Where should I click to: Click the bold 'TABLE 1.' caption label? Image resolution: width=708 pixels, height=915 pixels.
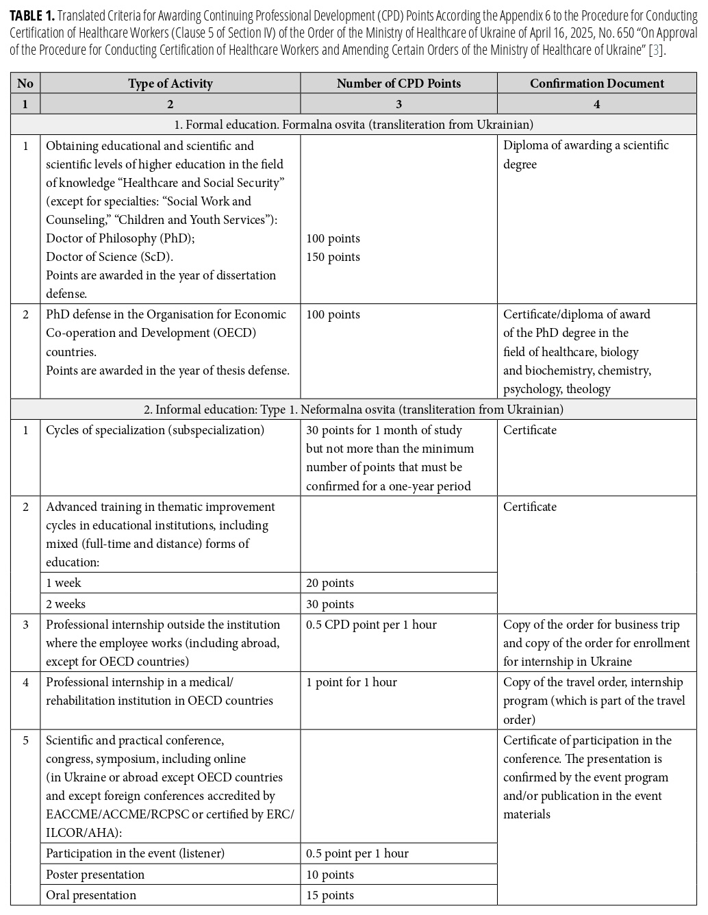coord(32,16)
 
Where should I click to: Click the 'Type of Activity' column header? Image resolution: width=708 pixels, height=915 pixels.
coord(170,84)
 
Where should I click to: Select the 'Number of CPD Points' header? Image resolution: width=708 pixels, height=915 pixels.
coord(399,84)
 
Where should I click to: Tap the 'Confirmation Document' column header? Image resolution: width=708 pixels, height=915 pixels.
coord(596,84)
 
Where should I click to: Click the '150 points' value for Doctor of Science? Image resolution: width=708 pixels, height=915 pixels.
coord(333,257)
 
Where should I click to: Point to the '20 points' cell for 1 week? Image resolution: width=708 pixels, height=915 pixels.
coord(330,583)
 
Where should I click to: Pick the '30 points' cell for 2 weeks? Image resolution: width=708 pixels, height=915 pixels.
coord(330,604)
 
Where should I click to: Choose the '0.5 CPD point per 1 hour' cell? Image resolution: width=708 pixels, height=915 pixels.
coord(371,625)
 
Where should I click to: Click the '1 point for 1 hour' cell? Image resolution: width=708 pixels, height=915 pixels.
coord(351,682)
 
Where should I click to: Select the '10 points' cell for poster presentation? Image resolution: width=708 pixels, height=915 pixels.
coord(330,875)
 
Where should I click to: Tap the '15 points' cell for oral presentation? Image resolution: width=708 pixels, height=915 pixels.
coord(330,895)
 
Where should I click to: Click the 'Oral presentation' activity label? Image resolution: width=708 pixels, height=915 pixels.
coord(91,895)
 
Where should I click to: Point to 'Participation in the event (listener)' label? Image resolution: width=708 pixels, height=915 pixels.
coord(135,853)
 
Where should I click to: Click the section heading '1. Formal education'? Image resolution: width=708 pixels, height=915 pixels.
coord(353,125)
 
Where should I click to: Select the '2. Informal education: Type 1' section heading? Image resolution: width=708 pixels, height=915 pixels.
coord(353,410)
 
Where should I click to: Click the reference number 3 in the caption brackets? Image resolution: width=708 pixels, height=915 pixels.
coord(657,50)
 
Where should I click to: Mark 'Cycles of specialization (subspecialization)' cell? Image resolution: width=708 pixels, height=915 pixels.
coord(155,430)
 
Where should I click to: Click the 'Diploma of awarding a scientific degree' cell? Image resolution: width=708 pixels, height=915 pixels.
coord(586,155)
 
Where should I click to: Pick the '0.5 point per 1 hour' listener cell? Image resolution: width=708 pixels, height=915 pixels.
coord(357,853)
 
